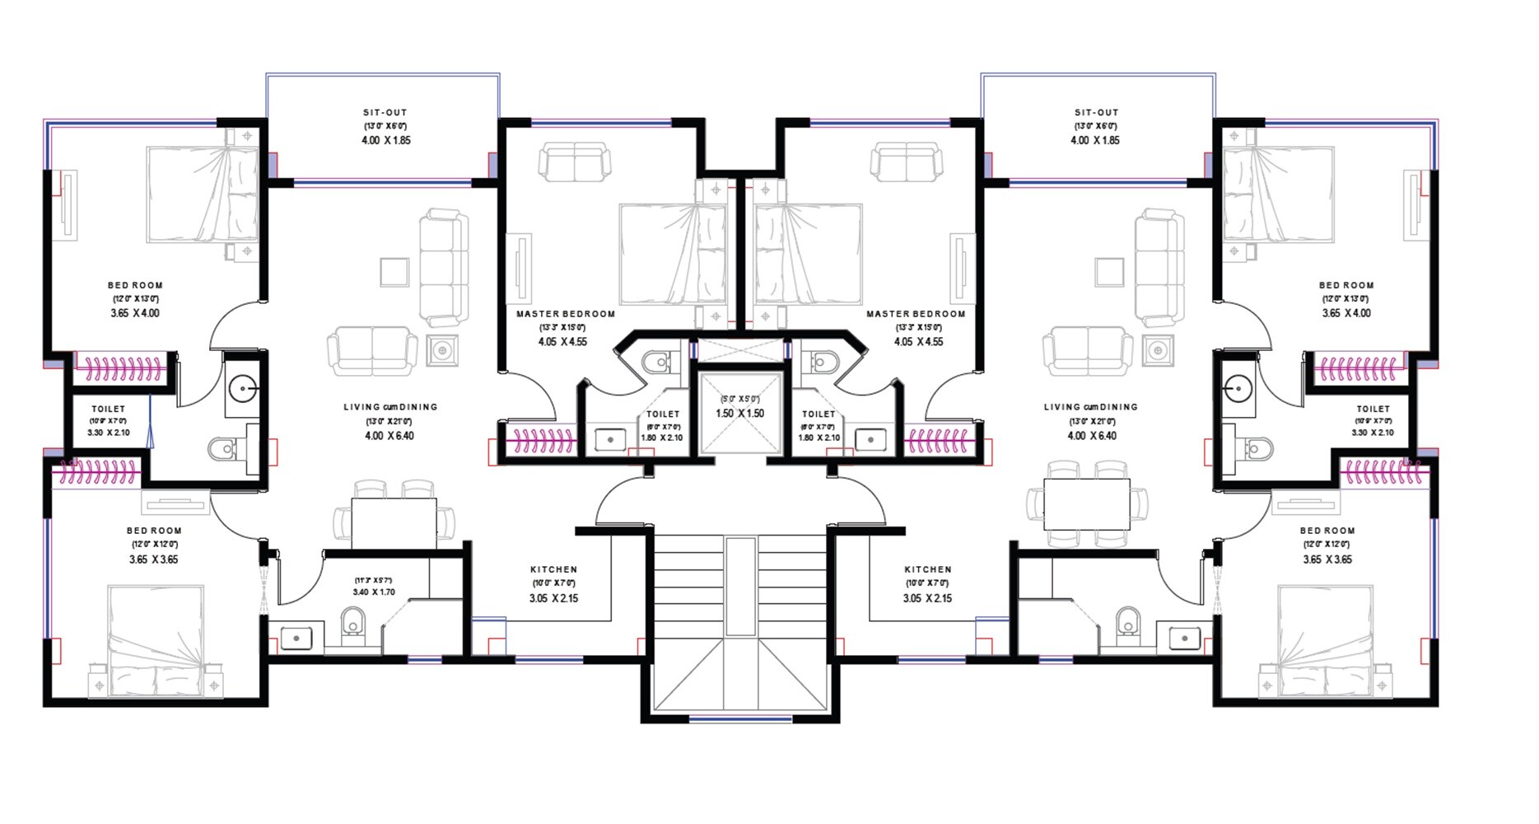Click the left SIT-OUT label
[385, 113]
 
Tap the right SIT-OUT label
[1096, 113]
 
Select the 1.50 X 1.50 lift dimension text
[739, 414]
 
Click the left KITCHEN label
[553, 569]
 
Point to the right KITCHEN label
[927, 569]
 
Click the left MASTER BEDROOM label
[566, 314]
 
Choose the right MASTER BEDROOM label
[916, 314]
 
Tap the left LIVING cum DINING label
[390, 407]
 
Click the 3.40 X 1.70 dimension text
[374, 592]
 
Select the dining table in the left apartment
[394, 522]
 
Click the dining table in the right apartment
[1087, 504]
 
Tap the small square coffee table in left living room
[394, 272]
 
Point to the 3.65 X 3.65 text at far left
[153, 559]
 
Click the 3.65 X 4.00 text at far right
[1346, 313]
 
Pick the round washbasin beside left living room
[242, 386]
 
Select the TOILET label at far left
[109, 409]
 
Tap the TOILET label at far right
[1373, 409]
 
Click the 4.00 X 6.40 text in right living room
[1092, 436]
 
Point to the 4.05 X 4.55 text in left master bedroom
[562, 342]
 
